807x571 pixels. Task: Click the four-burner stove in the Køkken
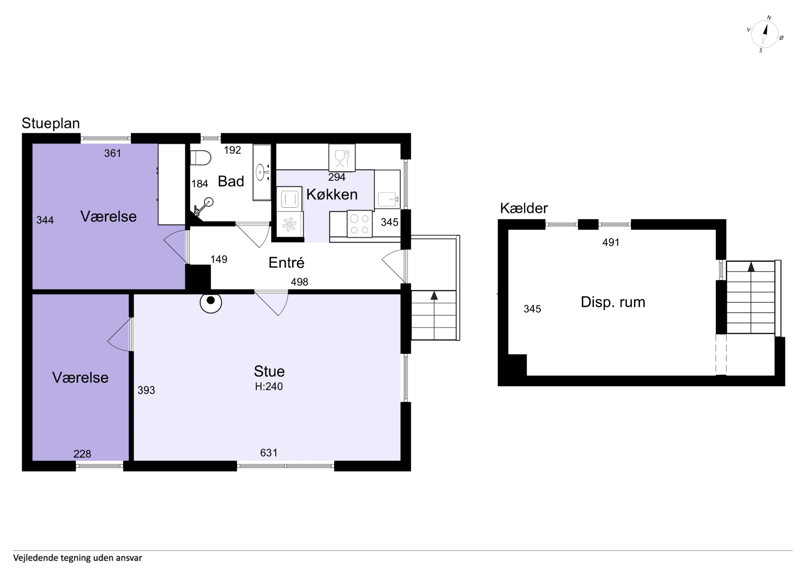pos(360,224)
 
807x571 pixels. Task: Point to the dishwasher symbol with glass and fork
pos(342,158)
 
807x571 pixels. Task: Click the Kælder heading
pos(524,208)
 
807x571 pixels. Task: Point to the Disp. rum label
pos(613,302)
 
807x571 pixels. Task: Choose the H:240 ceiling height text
pos(269,386)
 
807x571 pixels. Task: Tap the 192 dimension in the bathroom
pos(232,150)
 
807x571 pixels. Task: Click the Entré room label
pos(286,263)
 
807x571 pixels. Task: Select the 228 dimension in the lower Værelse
pos(82,454)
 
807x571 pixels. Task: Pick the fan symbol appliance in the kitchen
pos(289,224)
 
